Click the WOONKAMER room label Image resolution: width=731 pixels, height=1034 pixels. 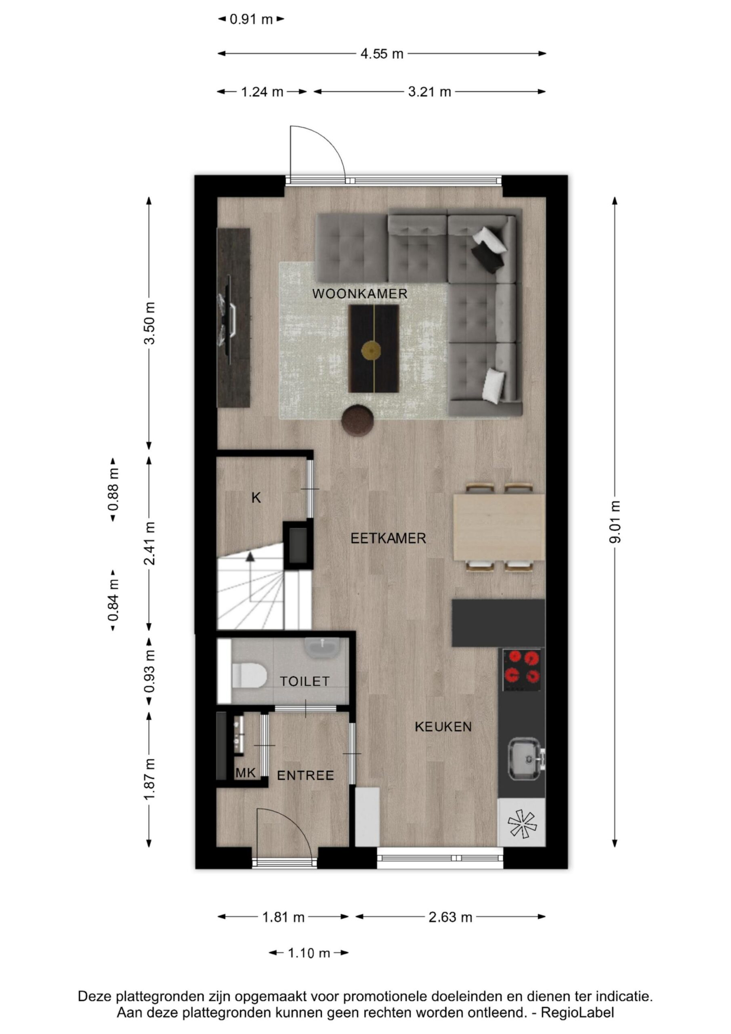pyautogui.click(x=359, y=294)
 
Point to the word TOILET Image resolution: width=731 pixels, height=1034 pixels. pyautogui.click(x=305, y=681)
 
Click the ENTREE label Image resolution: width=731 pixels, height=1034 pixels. pyautogui.click(x=305, y=775)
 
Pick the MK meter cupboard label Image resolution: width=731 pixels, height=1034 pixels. pyautogui.click(x=246, y=773)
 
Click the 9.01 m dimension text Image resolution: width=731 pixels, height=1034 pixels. pyautogui.click(x=615, y=521)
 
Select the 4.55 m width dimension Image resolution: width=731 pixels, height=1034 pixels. pyautogui.click(x=382, y=54)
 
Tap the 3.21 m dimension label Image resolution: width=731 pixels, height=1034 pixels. pyautogui.click(x=429, y=92)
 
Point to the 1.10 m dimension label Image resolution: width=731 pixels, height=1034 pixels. pyautogui.click(x=309, y=953)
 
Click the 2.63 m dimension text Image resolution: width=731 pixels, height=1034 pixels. pyautogui.click(x=450, y=917)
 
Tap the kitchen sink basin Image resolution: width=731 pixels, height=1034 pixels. pyautogui.click(x=525, y=759)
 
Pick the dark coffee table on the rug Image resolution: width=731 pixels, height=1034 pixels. pyautogui.click(x=374, y=349)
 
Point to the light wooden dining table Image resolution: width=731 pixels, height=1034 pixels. pyautogui.click(x=499, y=528)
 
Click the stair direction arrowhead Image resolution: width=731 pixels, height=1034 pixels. pyautogui.click(x=250, y=557)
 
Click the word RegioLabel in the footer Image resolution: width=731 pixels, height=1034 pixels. pyautogui.click(x=577, y=1013)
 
